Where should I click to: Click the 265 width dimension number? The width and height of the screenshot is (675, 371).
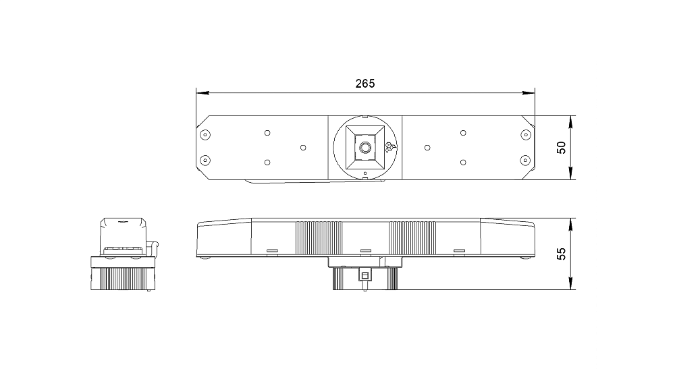[365, 84]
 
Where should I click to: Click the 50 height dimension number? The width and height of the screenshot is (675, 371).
[562, 148]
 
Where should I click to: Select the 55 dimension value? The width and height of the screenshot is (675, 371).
[562, 254]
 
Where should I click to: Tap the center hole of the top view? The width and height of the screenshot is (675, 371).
[365, 148]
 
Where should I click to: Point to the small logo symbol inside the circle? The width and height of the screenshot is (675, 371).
[390, 147]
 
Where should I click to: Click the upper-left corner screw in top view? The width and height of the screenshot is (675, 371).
[205, 135]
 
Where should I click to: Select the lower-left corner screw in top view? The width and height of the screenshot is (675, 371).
[205, 161]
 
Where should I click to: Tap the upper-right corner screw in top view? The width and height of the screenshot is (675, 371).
[525, 135]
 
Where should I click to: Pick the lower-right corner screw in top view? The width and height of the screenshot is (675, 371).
[525, 161]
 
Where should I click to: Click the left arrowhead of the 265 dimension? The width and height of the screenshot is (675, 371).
[202, 92]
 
